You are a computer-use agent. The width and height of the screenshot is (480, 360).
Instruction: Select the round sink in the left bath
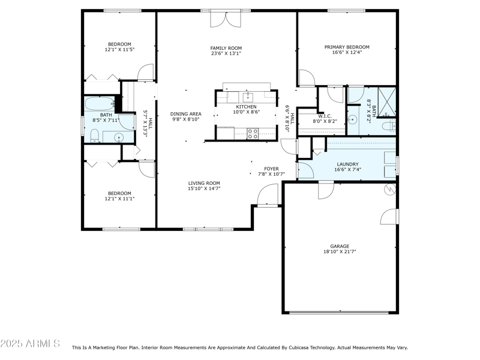118,137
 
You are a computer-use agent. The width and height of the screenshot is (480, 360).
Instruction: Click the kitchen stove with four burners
253,133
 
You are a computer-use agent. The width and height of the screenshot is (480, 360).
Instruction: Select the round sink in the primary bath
353,119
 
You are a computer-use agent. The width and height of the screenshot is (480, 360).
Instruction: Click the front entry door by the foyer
268,195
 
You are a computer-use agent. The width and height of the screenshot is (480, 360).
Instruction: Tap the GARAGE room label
339,246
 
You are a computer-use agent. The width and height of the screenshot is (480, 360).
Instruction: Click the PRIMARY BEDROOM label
347,47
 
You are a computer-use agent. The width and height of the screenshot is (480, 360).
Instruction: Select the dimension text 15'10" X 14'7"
204,189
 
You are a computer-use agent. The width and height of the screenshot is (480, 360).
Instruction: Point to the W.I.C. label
325,116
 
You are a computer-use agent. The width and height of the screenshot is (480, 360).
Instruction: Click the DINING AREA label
185,113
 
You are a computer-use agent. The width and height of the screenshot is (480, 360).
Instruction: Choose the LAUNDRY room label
347,164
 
